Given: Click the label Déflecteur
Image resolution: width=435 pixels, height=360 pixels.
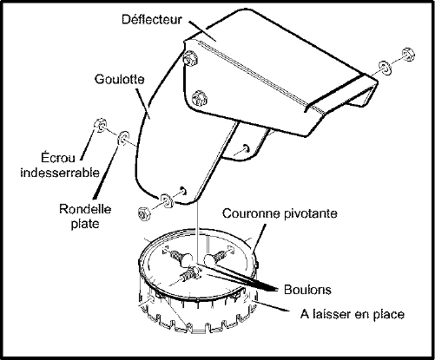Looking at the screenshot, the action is pos(152,20).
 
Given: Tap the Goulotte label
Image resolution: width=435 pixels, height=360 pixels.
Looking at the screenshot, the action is pos(120,79).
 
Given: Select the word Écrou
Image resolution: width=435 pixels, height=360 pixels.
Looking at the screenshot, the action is pos(58,158).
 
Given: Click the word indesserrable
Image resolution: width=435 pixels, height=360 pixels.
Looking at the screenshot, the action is pos(60,173).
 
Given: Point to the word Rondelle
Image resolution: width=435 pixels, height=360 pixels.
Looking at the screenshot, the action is pos(85,209).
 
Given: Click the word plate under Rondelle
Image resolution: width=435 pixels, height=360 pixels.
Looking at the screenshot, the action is pos(85,224).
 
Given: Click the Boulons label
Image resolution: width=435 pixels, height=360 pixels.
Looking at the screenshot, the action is pos(307,290).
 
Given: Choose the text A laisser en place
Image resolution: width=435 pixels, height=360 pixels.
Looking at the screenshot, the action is pos(353,314).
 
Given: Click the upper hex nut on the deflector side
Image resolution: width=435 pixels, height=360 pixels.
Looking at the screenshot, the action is pos(190,57).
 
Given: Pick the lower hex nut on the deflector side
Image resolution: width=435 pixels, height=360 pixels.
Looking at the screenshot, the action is pos(200,98).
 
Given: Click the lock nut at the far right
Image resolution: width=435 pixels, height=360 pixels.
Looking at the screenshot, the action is pos(408,54).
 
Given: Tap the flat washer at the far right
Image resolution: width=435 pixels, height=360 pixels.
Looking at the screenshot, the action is pos(386,68).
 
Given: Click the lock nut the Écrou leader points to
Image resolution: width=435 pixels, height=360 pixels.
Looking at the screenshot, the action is pos(100,125).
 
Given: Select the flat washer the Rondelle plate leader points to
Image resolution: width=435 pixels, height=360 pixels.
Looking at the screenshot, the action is pos(122,138).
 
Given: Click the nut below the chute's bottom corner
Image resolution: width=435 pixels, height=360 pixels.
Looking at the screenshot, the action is pos(144,213).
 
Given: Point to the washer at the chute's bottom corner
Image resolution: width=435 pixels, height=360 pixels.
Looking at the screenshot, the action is pos(167,200).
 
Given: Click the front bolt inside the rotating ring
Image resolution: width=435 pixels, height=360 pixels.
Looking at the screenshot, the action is pos(189,273).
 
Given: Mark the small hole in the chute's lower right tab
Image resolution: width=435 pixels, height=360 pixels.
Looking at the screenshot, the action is pos(246,147).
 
